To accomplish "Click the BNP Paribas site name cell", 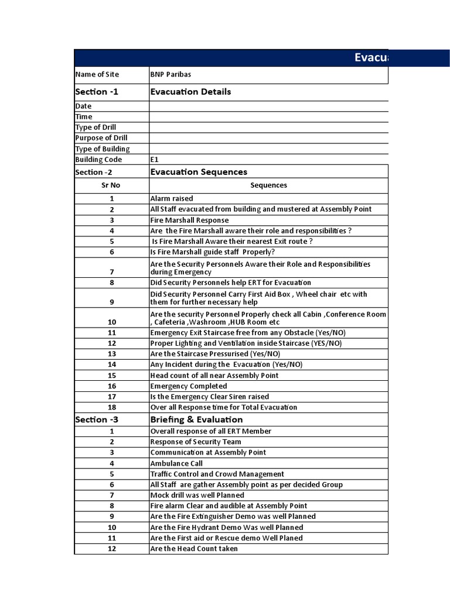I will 171,74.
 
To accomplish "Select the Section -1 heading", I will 97,92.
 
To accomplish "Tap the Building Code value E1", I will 155,159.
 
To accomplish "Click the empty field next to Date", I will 268,106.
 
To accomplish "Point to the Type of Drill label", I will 96,128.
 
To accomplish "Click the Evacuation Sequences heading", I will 199,172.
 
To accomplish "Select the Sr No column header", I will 111,185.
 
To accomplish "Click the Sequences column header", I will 268,185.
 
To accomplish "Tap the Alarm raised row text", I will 172,198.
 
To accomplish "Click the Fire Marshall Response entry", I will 189,220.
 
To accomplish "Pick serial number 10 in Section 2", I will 112,322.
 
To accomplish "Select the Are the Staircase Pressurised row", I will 215,354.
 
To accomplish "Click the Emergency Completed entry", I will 189,386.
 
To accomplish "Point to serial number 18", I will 112,407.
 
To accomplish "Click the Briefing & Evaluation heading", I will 196,419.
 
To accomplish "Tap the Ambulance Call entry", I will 176,463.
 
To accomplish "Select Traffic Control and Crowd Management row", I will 217,474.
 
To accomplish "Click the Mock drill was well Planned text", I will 197,495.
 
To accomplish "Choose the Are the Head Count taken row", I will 194,549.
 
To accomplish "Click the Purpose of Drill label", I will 101,138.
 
